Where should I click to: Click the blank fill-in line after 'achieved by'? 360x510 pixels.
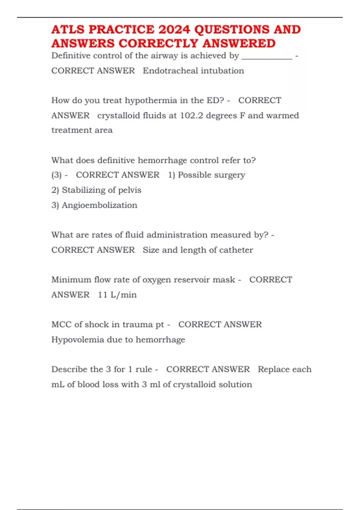click(x=267, y=57)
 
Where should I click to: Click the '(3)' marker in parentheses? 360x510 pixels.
click(x=56, y=175)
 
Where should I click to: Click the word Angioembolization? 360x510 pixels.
click(x=99, y=205)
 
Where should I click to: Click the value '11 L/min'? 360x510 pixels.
click(x=117, y=295)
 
